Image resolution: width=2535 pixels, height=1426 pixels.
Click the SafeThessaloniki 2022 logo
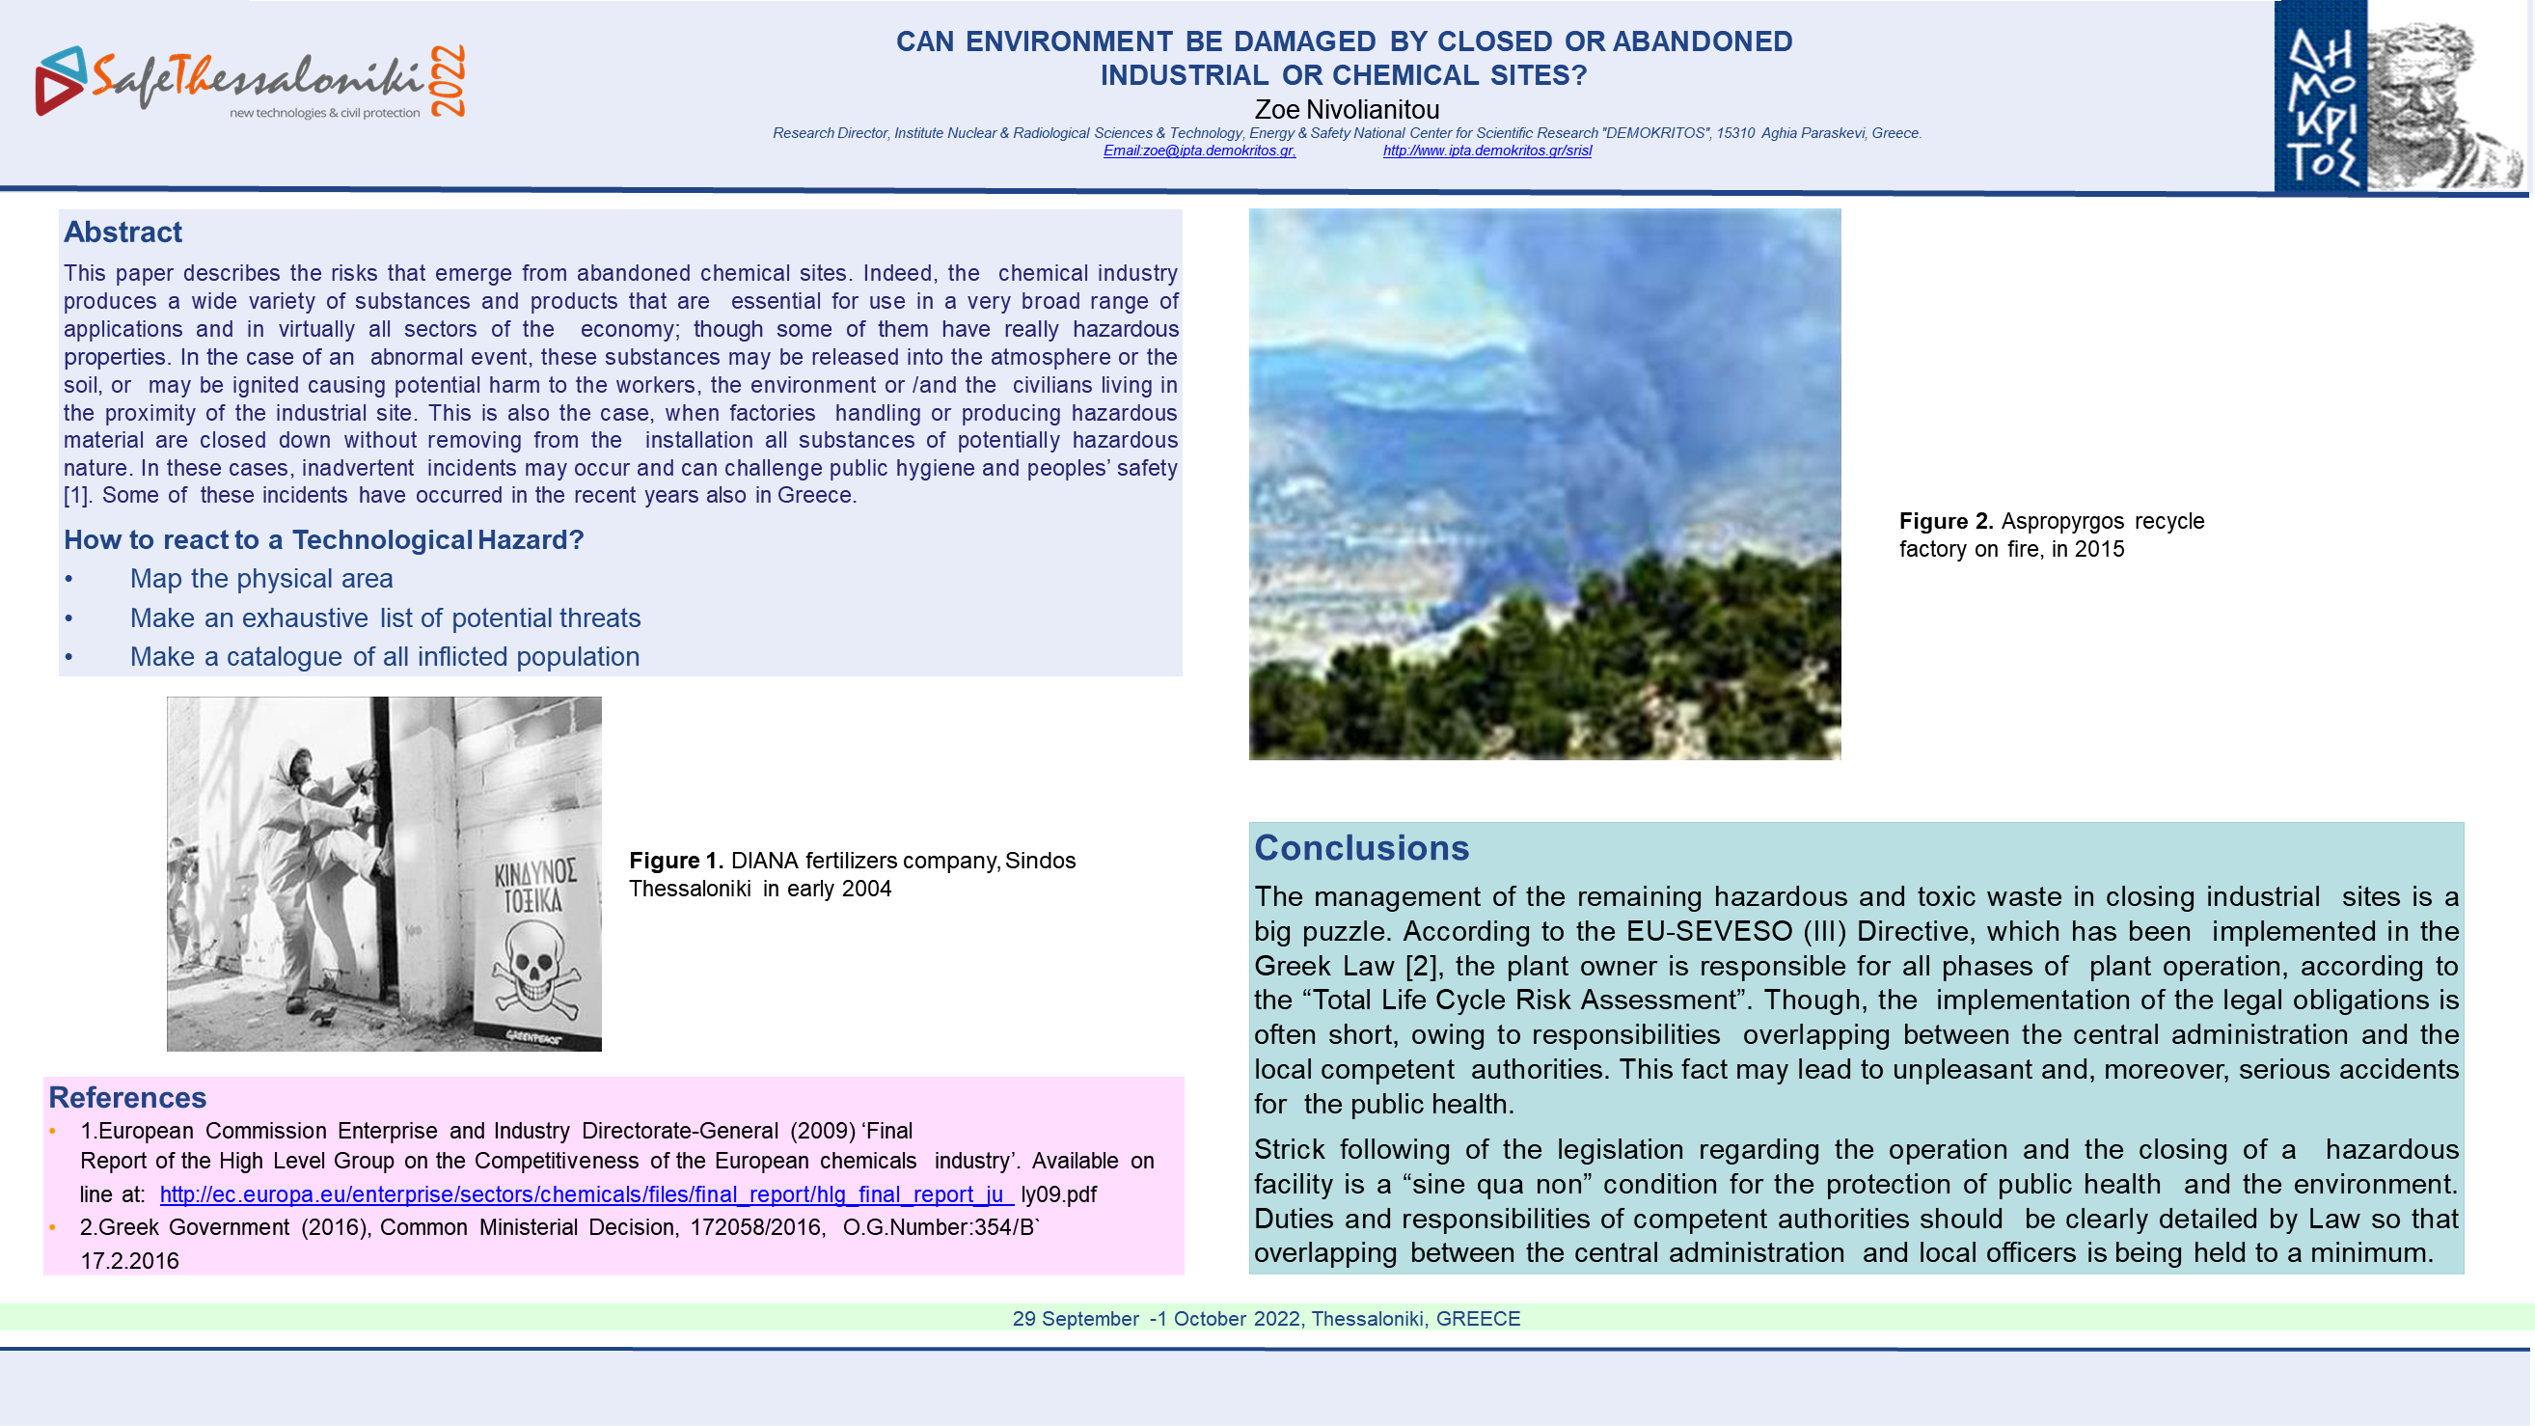point(250,82)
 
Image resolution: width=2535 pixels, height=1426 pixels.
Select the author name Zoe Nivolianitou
point(1346,109)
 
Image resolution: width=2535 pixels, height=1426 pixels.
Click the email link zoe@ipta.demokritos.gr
point(1199,151)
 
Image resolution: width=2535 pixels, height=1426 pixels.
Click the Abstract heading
point(123,233)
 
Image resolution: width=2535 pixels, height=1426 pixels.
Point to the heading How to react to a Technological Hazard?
point(324,539)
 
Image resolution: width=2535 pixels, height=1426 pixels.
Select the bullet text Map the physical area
point(260,579)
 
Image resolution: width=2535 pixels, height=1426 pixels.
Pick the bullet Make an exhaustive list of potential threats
point(385,618)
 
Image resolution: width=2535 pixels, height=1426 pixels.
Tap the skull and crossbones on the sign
point(534,970)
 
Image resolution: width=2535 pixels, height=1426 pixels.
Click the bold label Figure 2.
point(1945,521)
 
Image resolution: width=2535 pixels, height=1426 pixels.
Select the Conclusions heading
point(1361,847)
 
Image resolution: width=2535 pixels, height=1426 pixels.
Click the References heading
point(127,1097)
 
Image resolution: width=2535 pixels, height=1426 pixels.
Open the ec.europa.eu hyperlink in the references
point(586,1193)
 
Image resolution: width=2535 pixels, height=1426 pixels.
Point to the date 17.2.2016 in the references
point(129,1261)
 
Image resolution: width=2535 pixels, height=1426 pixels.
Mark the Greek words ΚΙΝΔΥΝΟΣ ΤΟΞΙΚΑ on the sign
point(534,886)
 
